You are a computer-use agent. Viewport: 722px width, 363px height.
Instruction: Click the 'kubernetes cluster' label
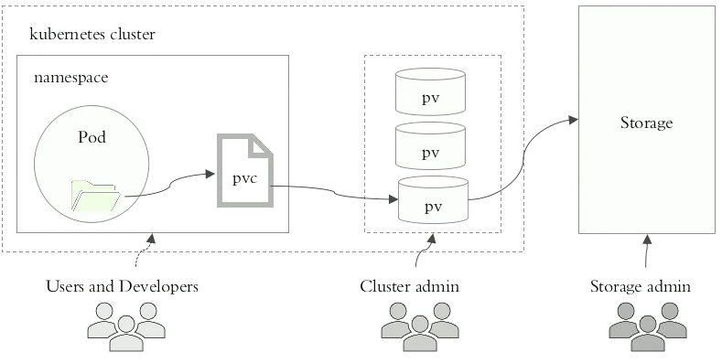92,35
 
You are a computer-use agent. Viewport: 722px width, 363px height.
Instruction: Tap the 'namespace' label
71,79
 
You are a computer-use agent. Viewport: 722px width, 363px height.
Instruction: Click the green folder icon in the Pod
96,197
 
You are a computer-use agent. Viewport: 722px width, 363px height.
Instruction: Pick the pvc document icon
244,170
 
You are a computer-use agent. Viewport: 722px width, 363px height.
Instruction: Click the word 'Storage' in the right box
646,123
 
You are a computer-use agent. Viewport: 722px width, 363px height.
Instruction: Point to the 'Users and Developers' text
123,287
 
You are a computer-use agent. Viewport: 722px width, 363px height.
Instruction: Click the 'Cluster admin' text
409,287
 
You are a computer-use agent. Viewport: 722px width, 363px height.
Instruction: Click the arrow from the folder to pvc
169,187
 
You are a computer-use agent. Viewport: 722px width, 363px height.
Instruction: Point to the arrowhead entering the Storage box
573,119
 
